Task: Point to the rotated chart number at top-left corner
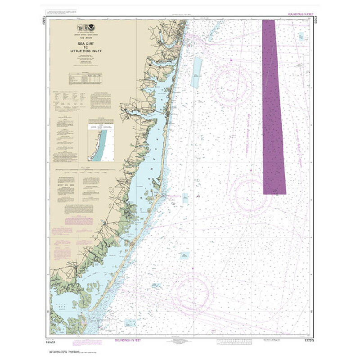point(45,23)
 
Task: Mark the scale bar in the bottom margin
point(234,341)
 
